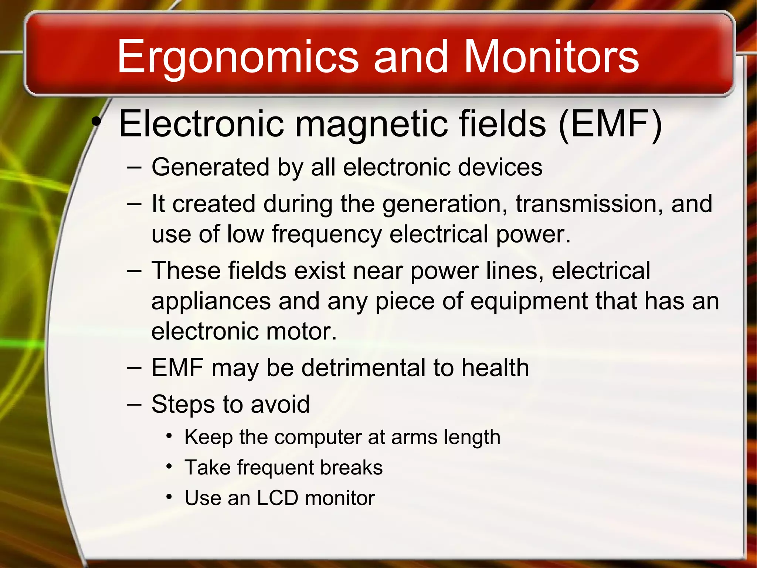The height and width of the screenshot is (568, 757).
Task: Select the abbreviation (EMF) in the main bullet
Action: tap(610, 124)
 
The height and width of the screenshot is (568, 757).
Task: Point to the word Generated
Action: tap(210, 168)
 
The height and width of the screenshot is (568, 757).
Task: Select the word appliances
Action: tap(211, 302)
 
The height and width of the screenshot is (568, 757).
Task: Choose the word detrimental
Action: tap(364, 368)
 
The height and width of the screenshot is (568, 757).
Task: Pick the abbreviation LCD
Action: tap(277, 498)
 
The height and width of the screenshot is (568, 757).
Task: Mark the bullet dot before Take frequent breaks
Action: tap(169, 467)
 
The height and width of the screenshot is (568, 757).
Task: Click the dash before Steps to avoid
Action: tap(134, 404)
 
